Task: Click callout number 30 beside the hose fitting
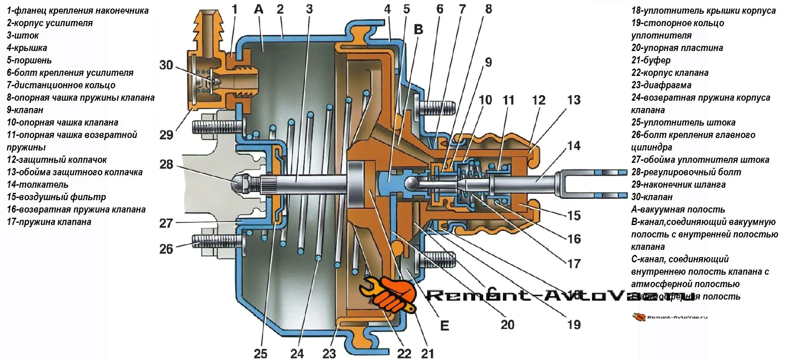[x=166, y=65]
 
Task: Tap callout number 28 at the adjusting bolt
[x=166, y=164]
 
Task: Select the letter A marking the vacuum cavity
[x=258, y=9]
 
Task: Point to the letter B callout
[x=419, y=29]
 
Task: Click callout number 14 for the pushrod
[x=574, y=146]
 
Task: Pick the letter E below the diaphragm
[x=445, y=325]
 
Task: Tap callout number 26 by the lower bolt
[x=166, y=249]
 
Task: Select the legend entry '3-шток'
[x=23, y=35]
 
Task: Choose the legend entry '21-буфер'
[x=651, y=60]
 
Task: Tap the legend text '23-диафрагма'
[x=661, y=85]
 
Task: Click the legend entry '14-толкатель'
[x=37, y=184]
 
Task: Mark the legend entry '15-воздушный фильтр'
[x=56, y=197]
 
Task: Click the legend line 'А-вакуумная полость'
[x=678, y=209]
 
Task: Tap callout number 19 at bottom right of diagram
[x=574, y=324]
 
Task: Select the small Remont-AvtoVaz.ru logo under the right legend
[x=670, y=317]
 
